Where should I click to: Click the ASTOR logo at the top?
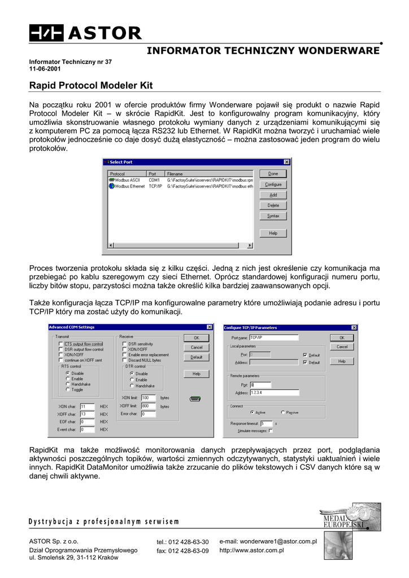coord(86,33)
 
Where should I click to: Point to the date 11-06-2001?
coord(45,69)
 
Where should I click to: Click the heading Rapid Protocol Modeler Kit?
coord(91,86)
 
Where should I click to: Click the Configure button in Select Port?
coord(273,185)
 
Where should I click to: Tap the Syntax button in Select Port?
coord(273,216)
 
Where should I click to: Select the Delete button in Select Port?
coord(273,205)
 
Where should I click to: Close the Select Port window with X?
coord(286,163)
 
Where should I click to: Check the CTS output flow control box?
coord(60,344)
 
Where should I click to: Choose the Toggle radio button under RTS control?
coord(68,389)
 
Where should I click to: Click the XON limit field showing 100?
coord(148,398)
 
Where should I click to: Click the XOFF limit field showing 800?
coord(148,406)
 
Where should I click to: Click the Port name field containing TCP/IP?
coord(273,338)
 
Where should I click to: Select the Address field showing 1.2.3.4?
coord(274,393)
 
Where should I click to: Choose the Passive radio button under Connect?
coord(282,413)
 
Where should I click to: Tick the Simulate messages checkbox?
coord(271,431)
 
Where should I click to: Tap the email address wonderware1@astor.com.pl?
coord(268,541)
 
